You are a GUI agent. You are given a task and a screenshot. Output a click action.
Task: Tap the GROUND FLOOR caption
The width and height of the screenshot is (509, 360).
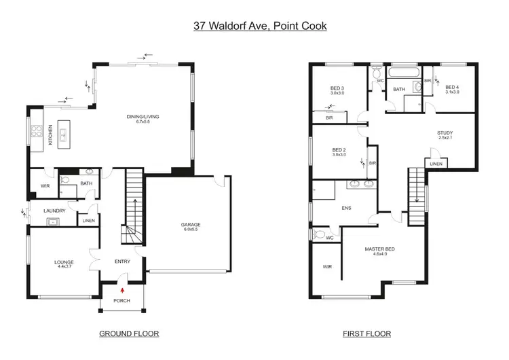click(x=128, y=334)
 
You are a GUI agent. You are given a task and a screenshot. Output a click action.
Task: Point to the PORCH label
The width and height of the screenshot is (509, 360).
click(x=122, y=301)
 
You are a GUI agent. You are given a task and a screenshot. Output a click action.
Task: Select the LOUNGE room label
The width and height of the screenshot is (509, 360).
click(x=64, y=262)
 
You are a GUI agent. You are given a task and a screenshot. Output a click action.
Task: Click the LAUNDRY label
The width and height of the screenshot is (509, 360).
click(x=54, y=211)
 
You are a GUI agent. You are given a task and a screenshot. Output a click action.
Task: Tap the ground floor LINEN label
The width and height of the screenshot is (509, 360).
click(x=89, y=221)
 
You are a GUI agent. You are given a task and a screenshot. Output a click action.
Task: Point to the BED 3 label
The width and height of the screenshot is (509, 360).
click(x=338, y=88)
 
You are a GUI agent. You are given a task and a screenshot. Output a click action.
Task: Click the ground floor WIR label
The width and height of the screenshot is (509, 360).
click(x=45, y=185)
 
